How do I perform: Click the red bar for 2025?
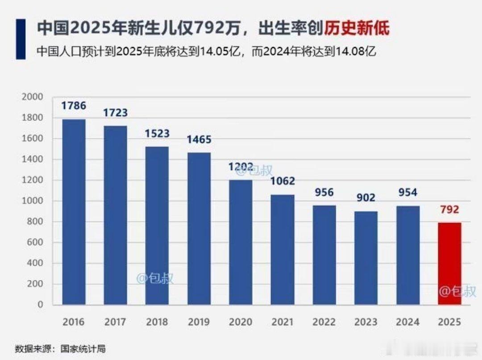click(x=449, y=264)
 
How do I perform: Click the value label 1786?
click(x=74, y=106)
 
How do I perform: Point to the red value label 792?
click(x=449, y=209)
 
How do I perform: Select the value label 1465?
click(x=199, y=139)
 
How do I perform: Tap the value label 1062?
click(x=283, y=181)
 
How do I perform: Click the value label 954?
click(x=407, y=193)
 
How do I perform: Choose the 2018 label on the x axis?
click(x=157, y=322)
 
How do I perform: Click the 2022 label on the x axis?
click(x=324, y=322)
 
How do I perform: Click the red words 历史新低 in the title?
click(x=357, y=29)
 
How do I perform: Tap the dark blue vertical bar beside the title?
click(x=21, y=39)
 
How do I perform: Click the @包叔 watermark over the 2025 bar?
click(x=457, y=292)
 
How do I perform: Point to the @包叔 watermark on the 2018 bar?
click(x=154, y=279)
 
